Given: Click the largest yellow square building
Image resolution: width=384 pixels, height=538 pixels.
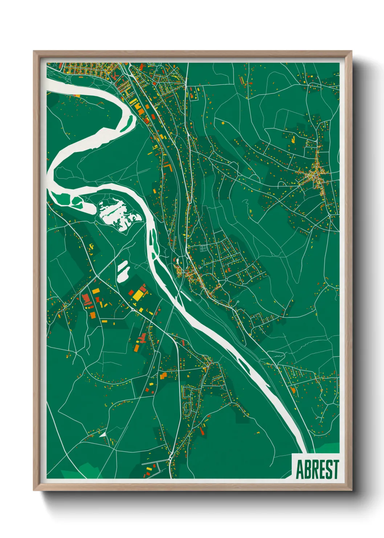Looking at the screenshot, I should point(138,295).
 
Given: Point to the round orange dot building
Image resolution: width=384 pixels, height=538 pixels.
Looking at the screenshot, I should point(223,123).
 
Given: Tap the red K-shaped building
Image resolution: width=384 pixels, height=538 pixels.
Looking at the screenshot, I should point(115,75).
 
